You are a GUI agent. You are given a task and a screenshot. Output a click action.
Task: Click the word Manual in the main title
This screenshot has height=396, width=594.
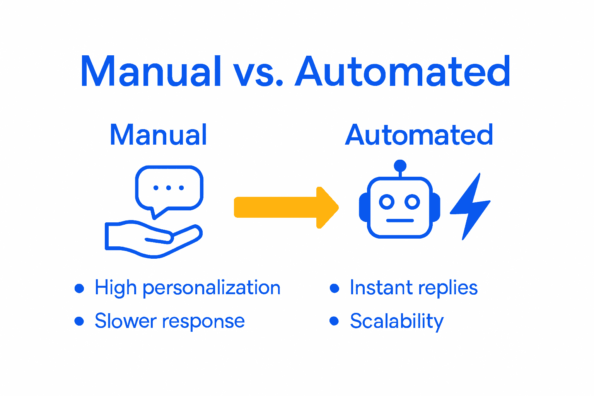pos(151,72)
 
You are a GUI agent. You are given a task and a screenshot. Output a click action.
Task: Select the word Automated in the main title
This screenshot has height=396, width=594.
pos(403,72)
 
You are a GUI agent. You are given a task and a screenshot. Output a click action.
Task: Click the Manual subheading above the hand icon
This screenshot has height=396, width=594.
pos(158,135)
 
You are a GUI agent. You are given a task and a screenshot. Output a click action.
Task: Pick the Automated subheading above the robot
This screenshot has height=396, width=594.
pos(419,135)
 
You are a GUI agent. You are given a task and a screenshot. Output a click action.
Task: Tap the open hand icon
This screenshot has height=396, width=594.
pos(153,238)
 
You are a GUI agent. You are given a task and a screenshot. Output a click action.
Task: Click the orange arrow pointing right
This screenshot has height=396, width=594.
pos(286,208)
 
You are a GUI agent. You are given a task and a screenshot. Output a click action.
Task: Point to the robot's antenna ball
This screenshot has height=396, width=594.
pos(400,166)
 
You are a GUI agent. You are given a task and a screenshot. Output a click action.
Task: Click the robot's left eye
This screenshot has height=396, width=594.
pos(386,201)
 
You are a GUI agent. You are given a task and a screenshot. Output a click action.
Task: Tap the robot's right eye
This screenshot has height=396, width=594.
pos(412,201)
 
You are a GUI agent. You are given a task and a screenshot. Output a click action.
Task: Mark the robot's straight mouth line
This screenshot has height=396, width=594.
pos(400,220)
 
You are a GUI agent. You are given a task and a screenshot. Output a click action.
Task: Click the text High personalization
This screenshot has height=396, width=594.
pos(188,288)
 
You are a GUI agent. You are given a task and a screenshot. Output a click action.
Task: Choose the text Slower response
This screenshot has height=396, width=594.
pos(170,321)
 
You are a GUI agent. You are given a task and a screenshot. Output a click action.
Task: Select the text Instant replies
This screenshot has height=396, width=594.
pos(414,288)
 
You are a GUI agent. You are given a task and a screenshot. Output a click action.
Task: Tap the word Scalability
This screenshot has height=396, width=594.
pos(397,321)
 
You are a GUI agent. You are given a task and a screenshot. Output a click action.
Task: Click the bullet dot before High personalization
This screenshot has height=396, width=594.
pos(79,288)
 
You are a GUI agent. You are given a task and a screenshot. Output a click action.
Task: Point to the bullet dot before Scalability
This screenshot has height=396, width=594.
pos(334,321)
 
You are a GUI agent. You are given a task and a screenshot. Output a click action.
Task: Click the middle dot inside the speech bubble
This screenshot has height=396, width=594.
pos(169,188)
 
